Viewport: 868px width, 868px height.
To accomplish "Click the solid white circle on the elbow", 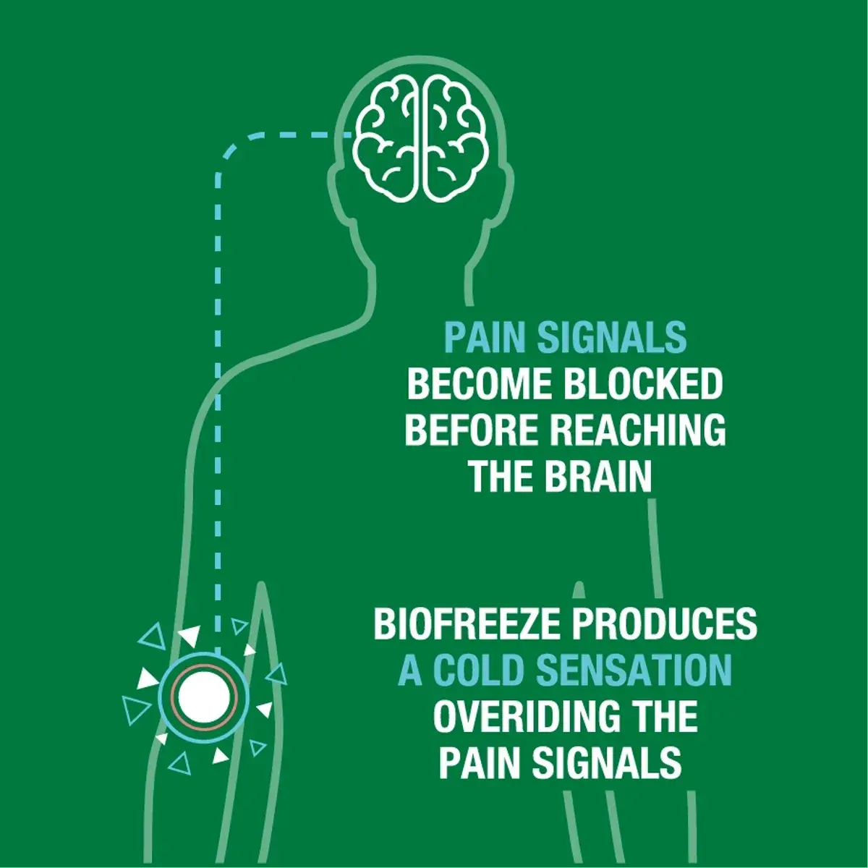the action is coord(204,697).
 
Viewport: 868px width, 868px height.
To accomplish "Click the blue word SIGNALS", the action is coord(612,337).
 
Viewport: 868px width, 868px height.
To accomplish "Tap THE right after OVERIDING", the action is coord(658,717).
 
